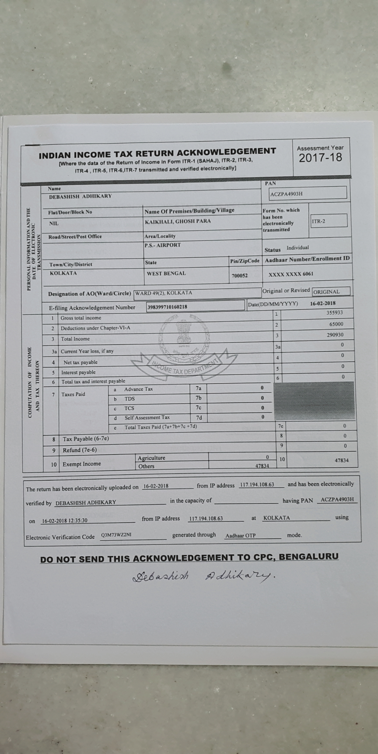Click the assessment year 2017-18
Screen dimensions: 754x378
click(320, 158)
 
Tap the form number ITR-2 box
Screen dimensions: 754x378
click(329, 221)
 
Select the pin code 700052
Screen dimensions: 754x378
click(239, 275)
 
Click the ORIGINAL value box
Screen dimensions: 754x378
click(331, 292)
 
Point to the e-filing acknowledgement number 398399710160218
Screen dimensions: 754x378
click(167, 307)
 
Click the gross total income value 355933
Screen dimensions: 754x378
click(335, 313)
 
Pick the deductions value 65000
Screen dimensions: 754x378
click(336, 324)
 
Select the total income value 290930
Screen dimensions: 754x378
click(335, 335)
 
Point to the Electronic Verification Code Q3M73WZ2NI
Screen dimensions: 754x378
click(116, 535)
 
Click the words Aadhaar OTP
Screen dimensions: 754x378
click(240, 536)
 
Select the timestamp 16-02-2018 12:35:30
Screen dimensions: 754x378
click(64, 521)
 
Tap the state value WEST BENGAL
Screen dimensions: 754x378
click(166, 273)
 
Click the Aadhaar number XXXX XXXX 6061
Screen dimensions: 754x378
click(291, 274)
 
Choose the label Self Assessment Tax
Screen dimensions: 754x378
click(147, 418)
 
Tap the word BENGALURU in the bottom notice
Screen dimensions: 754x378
click(308, 557)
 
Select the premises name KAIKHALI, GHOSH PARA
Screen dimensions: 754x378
click(178, 221)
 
